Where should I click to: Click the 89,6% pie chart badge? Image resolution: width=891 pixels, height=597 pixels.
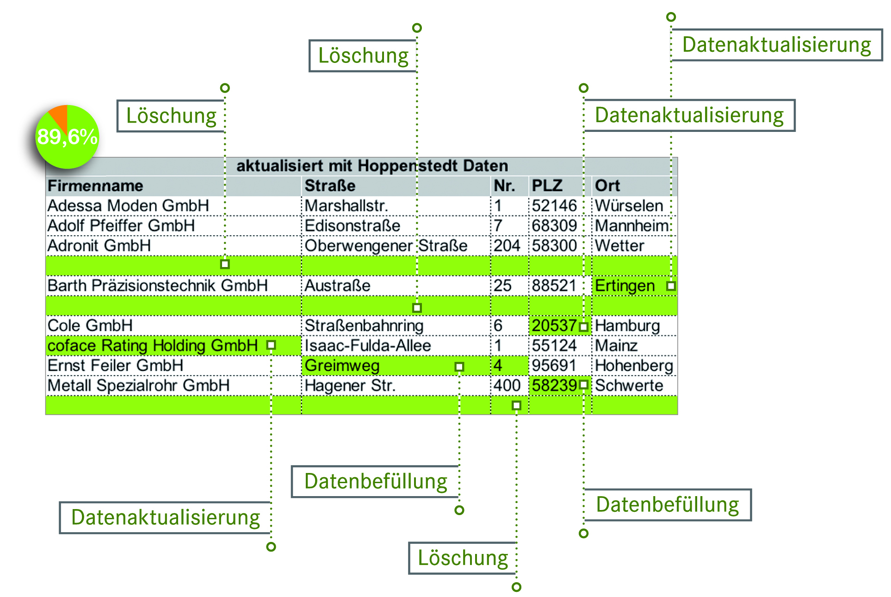point(67,137)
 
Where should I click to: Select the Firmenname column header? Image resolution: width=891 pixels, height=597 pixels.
point(95,186)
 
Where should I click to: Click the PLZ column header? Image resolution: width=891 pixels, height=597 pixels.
point(547,186)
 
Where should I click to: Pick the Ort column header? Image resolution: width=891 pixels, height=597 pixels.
point(607,186)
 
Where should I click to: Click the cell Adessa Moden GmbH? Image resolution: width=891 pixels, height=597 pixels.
point(128,206)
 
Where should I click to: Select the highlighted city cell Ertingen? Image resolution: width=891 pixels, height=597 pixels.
point(625,286)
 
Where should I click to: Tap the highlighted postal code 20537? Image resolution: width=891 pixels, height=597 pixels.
point(554,326)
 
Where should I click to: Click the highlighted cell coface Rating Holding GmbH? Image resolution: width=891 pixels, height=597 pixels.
point(153,346)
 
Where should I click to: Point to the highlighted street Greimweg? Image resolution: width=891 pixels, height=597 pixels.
point(342,366)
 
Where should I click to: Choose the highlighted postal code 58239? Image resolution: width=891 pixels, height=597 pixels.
point(554,386)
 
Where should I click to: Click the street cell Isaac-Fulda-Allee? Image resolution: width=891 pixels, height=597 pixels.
point(368,346)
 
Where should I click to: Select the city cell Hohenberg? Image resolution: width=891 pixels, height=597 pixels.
point(634,366)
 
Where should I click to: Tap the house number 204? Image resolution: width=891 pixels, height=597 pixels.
point(507,246)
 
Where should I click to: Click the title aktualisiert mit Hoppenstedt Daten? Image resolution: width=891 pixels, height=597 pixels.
point(372,166)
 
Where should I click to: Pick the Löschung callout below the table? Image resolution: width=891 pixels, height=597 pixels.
point(463,558)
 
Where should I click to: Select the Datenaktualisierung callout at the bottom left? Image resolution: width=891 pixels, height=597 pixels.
point(166,517)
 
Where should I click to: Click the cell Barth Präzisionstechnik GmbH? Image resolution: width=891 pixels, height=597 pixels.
point(157,286)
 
